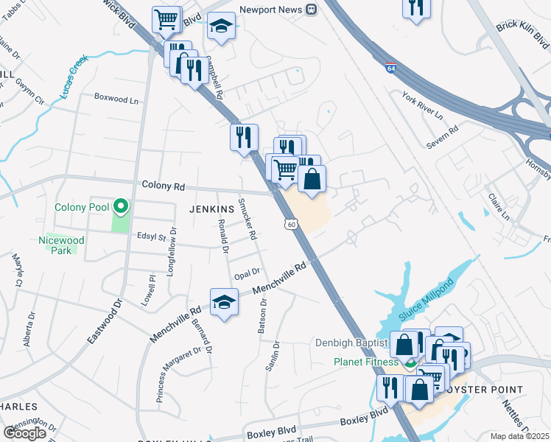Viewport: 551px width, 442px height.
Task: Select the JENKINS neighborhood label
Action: [191, 208]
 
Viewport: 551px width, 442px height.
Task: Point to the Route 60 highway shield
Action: [292, 224]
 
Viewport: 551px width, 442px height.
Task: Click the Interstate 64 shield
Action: [388, 68]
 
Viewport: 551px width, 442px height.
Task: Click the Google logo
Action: [24, 433]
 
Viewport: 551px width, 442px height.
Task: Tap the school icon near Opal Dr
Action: [225, 301]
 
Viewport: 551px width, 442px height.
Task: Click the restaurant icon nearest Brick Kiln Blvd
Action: [416, 7]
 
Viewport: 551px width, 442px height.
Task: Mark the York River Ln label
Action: [422, 105]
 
